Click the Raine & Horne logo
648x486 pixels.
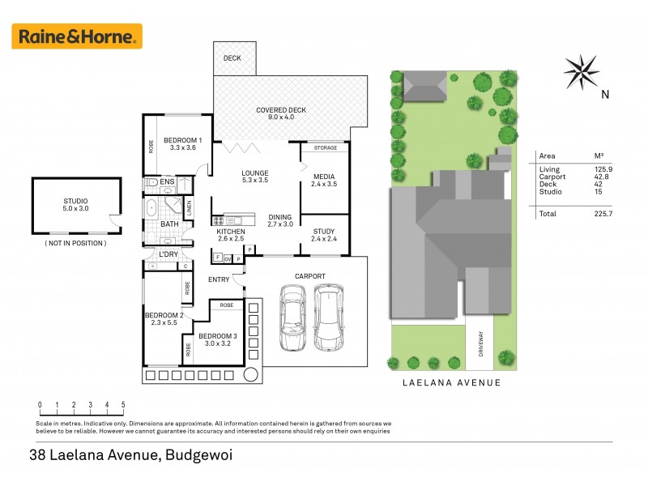[x=77, y=36]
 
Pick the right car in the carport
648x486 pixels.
[x=329, y=317]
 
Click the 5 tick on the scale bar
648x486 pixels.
[x=123, y=404]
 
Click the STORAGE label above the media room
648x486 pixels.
[x=325, y=148]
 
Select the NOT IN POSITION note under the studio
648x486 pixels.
[x=75, y=243]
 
